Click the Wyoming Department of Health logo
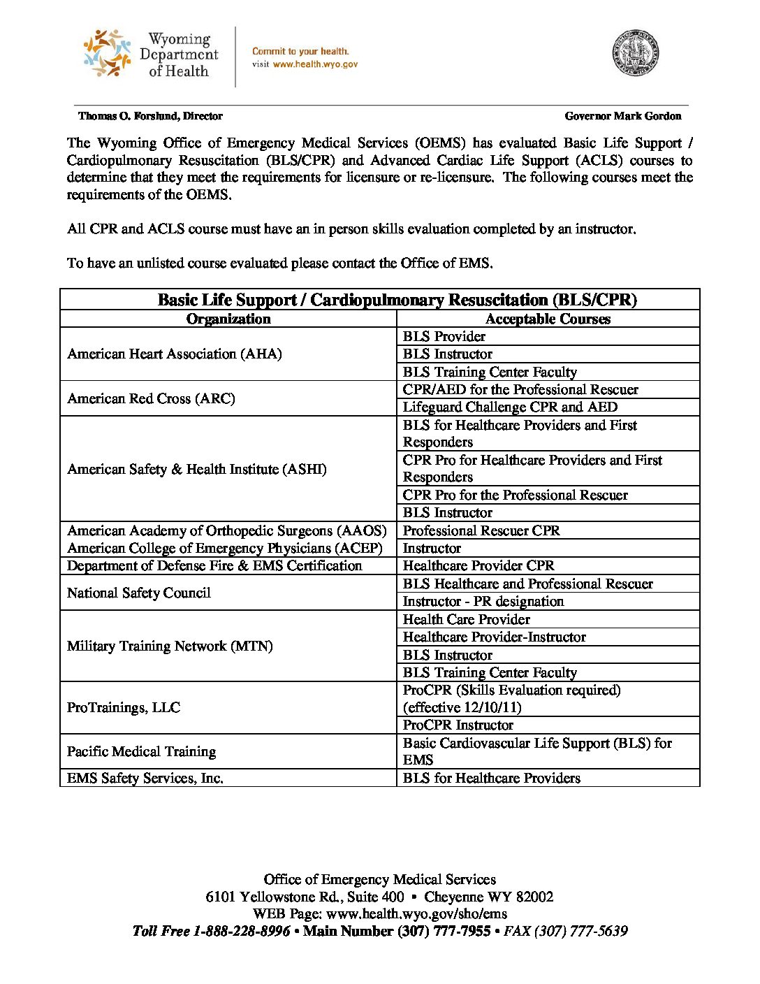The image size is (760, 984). [x=151, y=55]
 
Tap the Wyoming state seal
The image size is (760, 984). [x=636, y=53]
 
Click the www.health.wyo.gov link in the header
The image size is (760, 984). [x=315, y=64]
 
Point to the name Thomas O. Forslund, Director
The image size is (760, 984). [x=150, y=116]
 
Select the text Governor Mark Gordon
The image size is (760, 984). [x=622, y=116]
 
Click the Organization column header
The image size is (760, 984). [x=228, y=319]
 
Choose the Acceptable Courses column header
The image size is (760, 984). [x=548, y=319]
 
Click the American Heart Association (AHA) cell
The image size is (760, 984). [x=175, y=354]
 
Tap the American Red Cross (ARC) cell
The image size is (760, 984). [x=151, y=399]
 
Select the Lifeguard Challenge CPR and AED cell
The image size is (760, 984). [x=510, y=407]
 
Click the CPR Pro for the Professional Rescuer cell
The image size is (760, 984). [x=515, y=495]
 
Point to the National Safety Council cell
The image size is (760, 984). [x=138, y=593]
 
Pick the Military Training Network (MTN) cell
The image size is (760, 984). [x=170, y=646]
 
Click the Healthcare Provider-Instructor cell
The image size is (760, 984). [x=494, y=637]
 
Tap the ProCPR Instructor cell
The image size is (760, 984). [x=458, y=725]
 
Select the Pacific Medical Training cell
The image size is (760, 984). [x=141, y=752]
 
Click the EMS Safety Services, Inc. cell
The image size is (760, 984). [x=145, y=779]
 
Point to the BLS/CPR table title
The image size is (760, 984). [x=397, y=301]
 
